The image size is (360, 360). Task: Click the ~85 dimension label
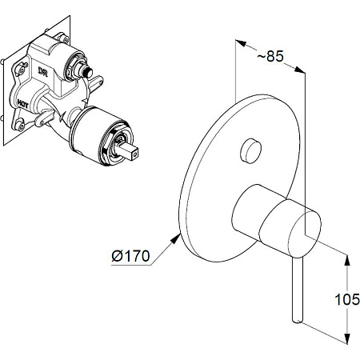point(270,56)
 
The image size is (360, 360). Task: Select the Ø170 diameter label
point(130,256)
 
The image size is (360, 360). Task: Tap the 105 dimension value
point(347,299)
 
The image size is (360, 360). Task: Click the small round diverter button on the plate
point(250,150)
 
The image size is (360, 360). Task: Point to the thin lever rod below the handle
point(298,290)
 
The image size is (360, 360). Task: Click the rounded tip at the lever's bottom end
point(298,320)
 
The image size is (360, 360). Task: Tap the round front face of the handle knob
point(304,234)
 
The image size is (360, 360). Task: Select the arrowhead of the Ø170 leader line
point(175,238)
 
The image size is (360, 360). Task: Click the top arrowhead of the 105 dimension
point(346,260)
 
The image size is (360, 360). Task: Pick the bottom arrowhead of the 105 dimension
point(346,338)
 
